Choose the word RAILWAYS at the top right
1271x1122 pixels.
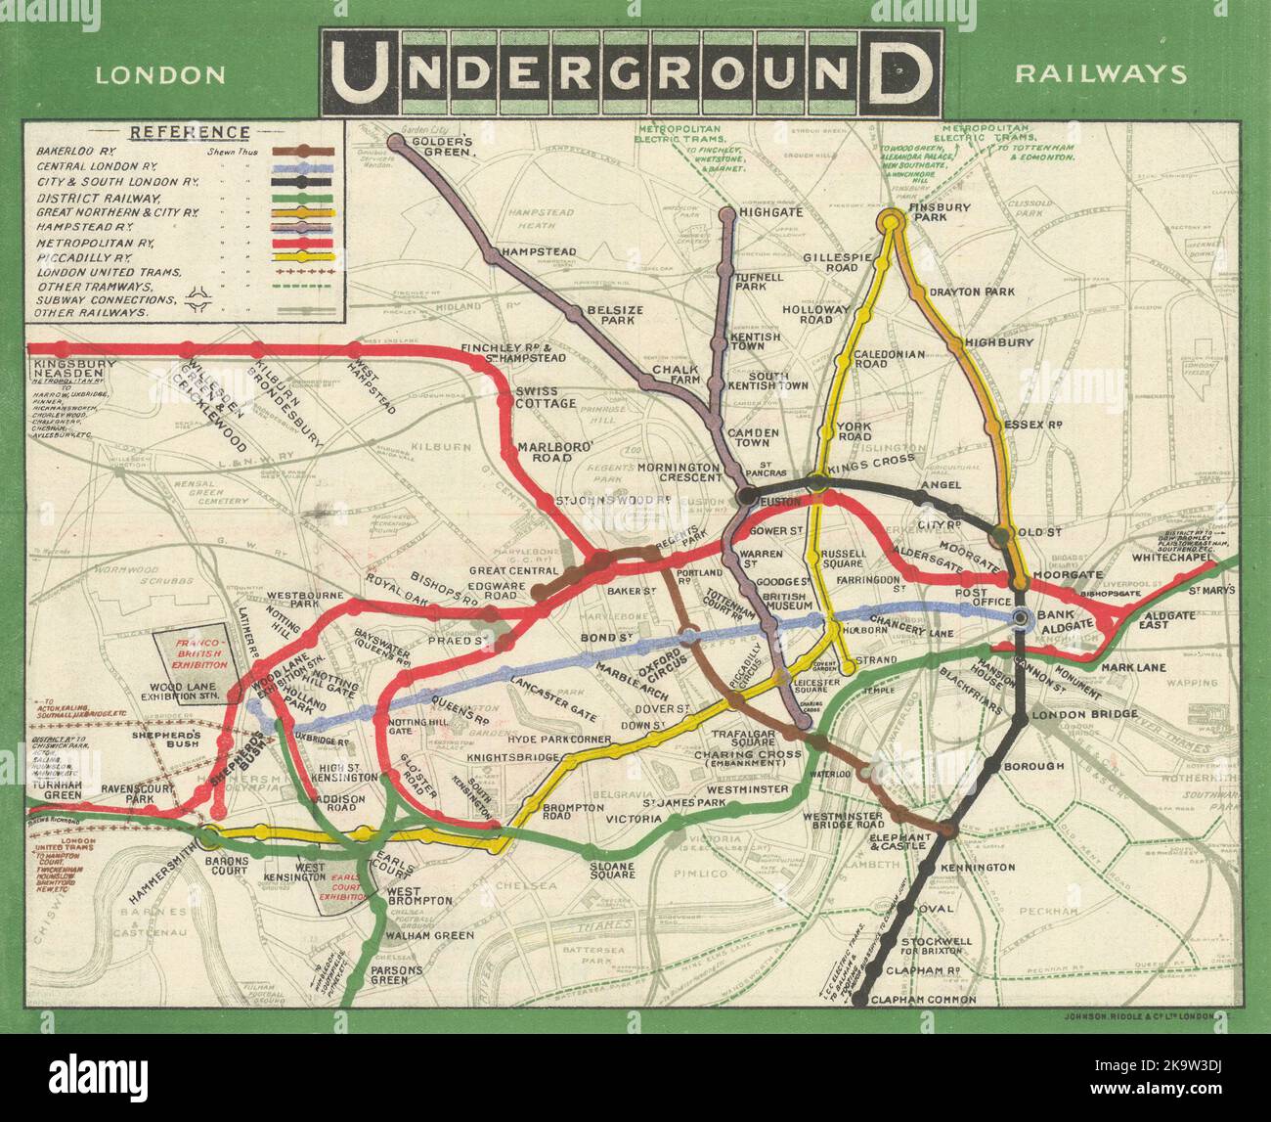[1101, 74]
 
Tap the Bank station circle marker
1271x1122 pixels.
[1022, 618]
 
